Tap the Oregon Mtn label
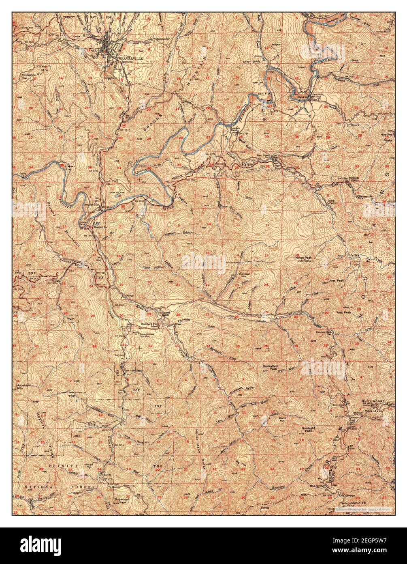(x=42, y=67)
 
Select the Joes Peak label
(x=332, y=280)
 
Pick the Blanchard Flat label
(x=149, y=324)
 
